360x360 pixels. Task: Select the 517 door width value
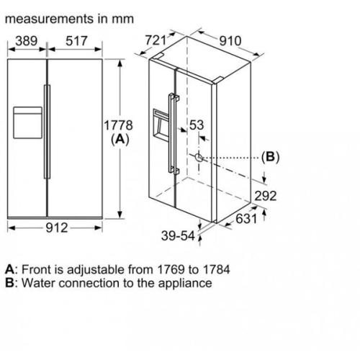[77, 42]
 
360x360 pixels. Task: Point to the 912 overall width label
[56, 228]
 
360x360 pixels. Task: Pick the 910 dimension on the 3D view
[230, 41]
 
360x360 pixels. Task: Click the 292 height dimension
[266, 196]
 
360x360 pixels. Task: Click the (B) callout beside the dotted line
[269, 157]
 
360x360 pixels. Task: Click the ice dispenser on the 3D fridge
[159, 125]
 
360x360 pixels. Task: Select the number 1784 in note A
[215, 270]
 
